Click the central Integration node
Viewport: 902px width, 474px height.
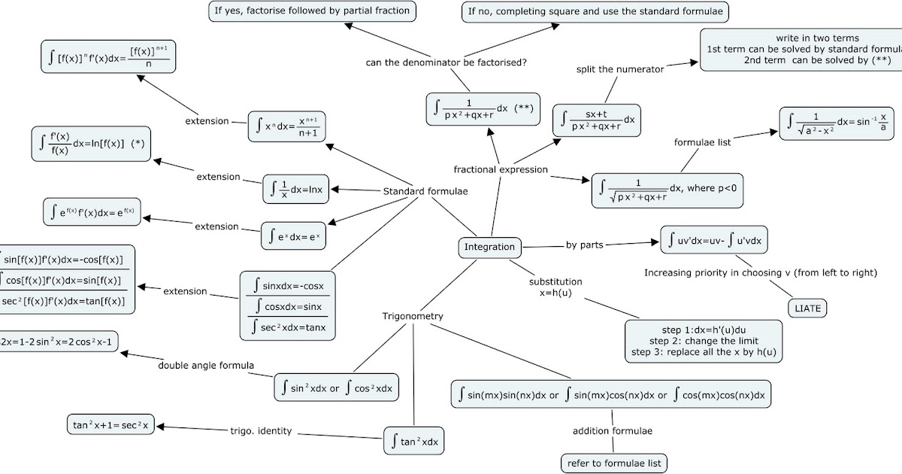click(x=489, y=247)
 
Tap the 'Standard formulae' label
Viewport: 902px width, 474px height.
click(x=425, y=191)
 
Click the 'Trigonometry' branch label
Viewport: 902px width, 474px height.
click(x=413, y=316)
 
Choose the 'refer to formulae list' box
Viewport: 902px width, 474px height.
click(x=614, y=463)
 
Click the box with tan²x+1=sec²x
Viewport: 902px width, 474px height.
click(x=110, y=424)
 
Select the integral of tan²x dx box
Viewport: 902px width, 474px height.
click(x=414, y=442)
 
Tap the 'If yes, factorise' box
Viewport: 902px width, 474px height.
click(x=312, y=11)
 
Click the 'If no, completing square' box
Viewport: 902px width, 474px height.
click(x=595, y=11)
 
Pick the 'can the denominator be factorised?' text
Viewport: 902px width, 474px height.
click(x=446, y=62)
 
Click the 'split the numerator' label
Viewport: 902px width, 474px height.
click(x=620, y=69)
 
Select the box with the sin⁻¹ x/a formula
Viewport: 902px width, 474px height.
click(x=837, y=122)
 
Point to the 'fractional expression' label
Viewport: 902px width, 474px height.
click(x=501, y=169)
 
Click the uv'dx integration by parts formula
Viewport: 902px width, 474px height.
click(x=714, y=241)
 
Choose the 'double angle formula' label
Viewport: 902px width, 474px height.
click(x=206, y=366)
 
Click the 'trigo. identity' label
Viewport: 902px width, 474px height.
click(x=261, y=431)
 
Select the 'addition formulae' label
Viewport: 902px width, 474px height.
click(x=612, y=431)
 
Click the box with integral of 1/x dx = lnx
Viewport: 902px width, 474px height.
click(x=296, y=190)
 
